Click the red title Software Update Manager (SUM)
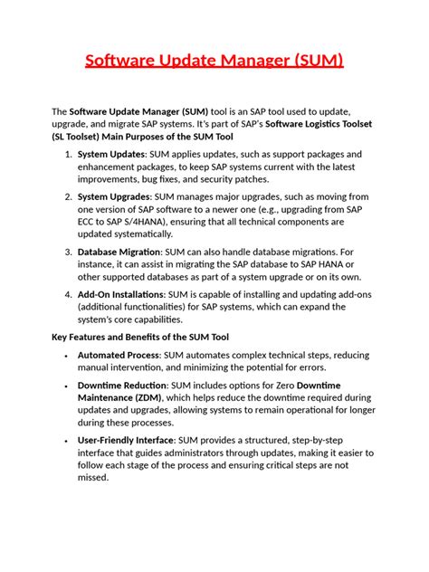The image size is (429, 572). pos(214,62)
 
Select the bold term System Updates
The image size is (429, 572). pos(111,154)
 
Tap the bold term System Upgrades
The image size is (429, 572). pos(114,196)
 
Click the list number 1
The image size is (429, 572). pos(69,154)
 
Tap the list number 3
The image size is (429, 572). pos(69,252)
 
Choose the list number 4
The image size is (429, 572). pos(69,294)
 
